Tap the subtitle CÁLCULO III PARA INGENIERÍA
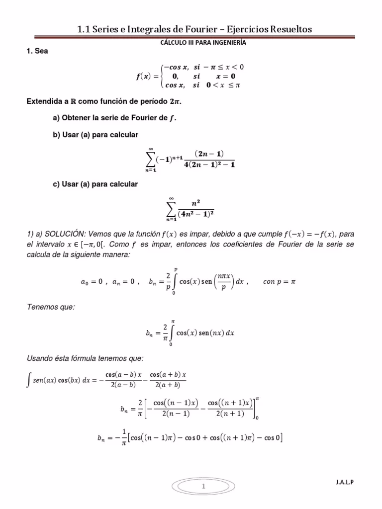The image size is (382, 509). tap(203, 43)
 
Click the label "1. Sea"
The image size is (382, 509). tap(37, 51)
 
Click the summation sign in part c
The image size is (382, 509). tap(171, 208)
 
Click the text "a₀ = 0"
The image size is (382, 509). tap(92, 281)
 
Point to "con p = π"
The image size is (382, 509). tap(279, 281)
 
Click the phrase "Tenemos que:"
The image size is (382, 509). tap(50, 307)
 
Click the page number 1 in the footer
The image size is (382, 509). tap(203, 487)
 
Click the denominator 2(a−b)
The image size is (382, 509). tap(118, 384)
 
